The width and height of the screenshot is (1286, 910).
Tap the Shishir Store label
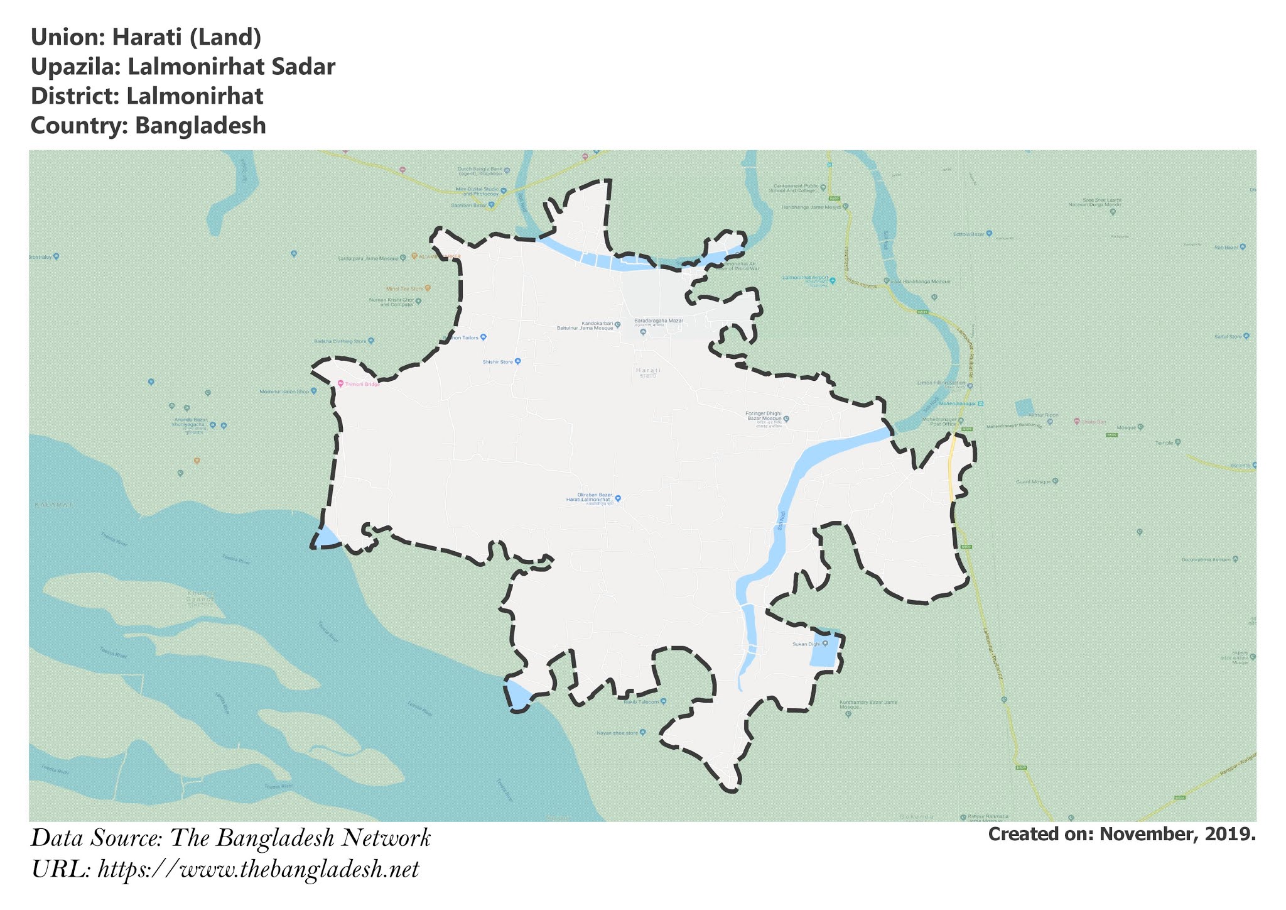498,362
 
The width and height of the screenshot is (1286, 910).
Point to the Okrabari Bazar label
594,497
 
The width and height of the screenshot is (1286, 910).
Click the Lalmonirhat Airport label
806,278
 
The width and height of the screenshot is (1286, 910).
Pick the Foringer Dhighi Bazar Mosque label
763,416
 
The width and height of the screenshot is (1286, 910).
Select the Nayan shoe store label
617,733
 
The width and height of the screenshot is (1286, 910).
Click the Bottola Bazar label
969,234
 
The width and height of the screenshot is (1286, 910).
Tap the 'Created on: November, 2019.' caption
1121,834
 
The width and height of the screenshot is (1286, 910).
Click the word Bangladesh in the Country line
200,126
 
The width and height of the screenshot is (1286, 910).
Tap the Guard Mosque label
1033,482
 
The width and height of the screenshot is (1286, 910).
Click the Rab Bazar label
1226,248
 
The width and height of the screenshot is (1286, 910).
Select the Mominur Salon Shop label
284,392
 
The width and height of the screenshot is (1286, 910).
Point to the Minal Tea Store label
404,289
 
